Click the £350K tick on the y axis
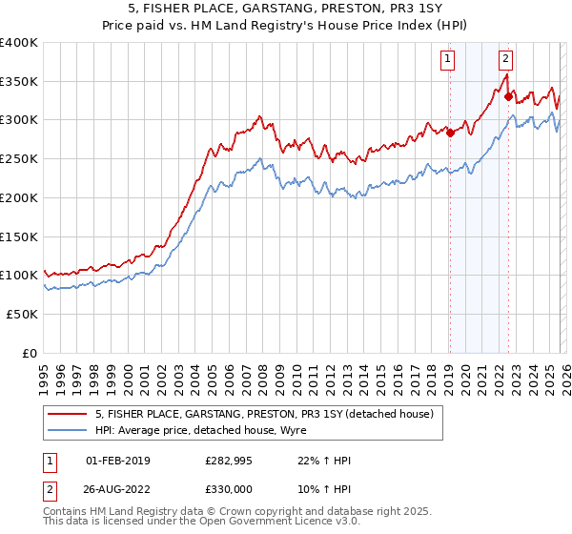pos(20,82)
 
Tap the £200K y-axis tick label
pos(20,198)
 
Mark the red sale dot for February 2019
pos(450,133)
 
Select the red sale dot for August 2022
pos(509,96)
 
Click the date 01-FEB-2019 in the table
pos(118,461)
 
